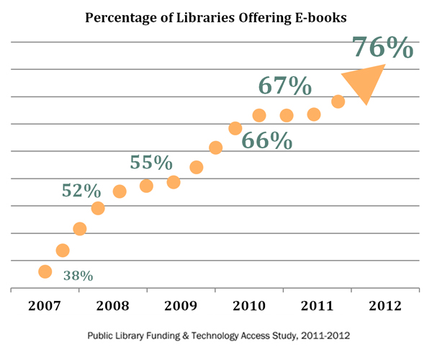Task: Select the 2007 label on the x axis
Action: click(x=45, y=305)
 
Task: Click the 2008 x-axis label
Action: click(x=114, y=305)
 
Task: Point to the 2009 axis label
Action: click(x=182, y=305)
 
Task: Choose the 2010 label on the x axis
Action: click(x=250, y=305)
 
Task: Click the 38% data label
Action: click(x=78, y=275)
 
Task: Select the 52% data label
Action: click(x=81, y=191)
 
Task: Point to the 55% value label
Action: click(x=151, y=163)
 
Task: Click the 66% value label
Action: click(x=266, y=140)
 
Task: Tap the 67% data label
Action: click(x=285, y=86)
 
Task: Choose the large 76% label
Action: click(x=382, y=48)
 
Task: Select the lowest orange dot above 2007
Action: click(x=45, y=271)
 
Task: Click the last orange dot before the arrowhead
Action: click(x=338, y=102)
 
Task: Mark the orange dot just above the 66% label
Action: click(x=235, y=129)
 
